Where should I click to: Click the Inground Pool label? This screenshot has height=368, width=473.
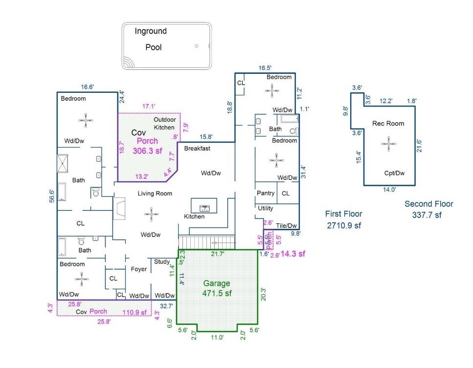coord(152,40)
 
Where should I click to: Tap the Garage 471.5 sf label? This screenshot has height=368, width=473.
coord(217,288)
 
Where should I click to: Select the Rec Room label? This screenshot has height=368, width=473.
coord(388,124)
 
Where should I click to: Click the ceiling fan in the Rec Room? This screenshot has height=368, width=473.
coord(389,143)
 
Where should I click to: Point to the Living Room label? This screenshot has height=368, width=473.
coord(155,194)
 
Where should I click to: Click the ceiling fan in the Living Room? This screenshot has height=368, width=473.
coord(152,213)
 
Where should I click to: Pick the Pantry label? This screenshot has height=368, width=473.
coord(266,194)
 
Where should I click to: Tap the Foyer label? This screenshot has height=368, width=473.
coord(138,269)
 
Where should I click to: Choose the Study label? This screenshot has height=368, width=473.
coord(161,261)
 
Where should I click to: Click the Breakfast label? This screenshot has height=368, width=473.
coord(197,149)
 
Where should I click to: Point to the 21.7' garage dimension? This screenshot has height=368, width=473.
coord(218,254)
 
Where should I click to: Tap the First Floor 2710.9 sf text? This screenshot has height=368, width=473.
coord(344,219)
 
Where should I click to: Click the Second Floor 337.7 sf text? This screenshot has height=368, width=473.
coord(429,209)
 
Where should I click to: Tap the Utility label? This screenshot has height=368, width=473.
coord(266,208)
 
